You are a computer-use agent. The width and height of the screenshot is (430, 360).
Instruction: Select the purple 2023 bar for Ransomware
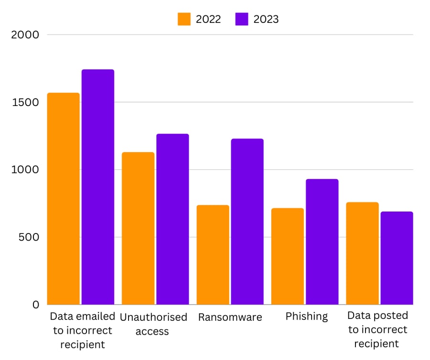(x=247, y=222)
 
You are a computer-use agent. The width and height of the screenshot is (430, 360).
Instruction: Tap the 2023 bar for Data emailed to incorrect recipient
(x=97, y=187)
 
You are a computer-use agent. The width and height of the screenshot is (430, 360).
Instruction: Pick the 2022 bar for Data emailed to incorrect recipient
(x=63, y=199)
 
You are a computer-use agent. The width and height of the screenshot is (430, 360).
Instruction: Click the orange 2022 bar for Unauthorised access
(x=138, y=228)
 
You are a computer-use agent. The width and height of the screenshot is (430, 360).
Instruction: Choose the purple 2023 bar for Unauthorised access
(x=172, y=219)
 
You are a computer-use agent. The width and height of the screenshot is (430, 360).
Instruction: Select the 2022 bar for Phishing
(x=287, y=256)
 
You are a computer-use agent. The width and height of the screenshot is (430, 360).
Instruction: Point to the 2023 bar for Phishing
(x=322, y=242)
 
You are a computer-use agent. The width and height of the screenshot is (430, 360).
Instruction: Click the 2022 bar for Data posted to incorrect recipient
(x=362, y=253)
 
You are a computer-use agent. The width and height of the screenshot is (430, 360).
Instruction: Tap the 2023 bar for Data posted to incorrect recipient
(x=397, y=258)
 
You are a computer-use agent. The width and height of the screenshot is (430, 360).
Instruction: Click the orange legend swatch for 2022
(x=184, y=19)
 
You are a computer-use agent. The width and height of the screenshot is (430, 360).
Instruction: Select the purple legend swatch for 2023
(x=242, y=19)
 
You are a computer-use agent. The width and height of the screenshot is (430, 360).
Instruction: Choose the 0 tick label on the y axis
(x=36, y=305)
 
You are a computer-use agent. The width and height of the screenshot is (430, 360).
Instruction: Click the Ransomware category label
(x=230, y=317)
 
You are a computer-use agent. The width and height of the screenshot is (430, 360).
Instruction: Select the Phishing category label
(x=307, y=316)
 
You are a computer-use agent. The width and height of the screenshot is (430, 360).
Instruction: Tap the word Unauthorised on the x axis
(x=153, y=317)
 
